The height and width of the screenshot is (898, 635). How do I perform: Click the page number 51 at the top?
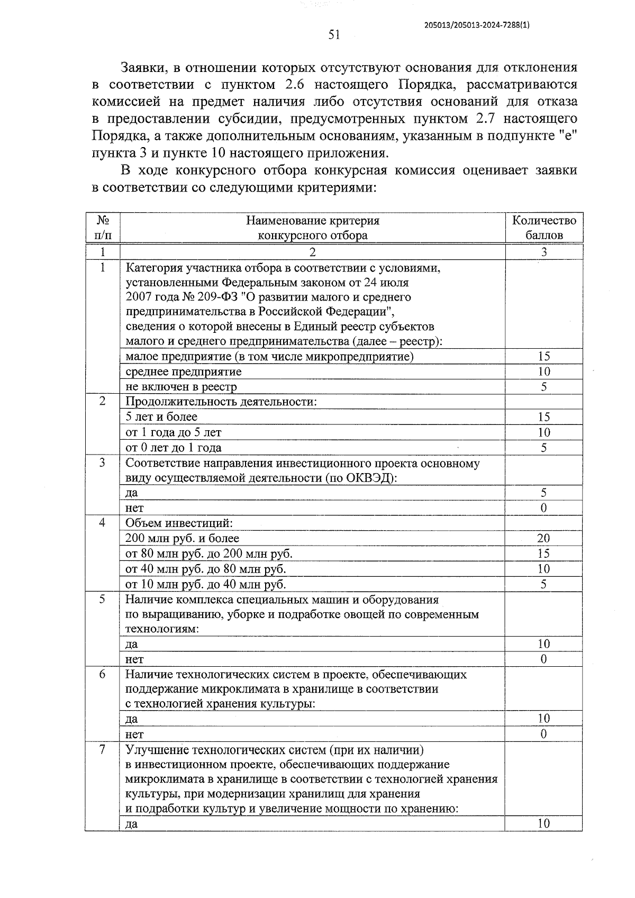click(334, 35)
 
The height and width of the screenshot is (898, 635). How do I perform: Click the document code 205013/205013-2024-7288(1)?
click(477, 24)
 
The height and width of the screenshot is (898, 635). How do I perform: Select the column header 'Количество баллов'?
click(543, 228)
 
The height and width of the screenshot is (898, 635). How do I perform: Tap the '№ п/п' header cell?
click(103, 228)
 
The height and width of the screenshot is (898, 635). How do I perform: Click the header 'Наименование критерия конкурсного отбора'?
click(312, 228)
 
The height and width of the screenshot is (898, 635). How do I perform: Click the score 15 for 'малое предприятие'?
click(543, 357)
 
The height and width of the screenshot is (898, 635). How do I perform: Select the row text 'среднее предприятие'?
click(183, 371)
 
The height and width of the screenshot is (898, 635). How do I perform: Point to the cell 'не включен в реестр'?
click(181, 387)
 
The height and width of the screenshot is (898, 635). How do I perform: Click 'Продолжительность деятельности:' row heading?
click(221, 402)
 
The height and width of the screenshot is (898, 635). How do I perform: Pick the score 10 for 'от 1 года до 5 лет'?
click(543, 432)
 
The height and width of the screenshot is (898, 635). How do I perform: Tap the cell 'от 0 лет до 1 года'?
click(173, 448)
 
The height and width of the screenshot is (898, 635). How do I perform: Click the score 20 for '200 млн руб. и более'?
click(543, 539)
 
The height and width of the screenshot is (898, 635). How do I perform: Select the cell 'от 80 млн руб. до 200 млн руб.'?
click(208, 554)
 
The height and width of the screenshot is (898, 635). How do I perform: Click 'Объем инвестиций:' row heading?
click(179, 524)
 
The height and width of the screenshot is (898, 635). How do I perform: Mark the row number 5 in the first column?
click(102, 600)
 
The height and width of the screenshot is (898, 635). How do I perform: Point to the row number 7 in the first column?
click(102, 750)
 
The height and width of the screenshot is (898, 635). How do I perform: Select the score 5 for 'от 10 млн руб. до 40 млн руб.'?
click(543, 584)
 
